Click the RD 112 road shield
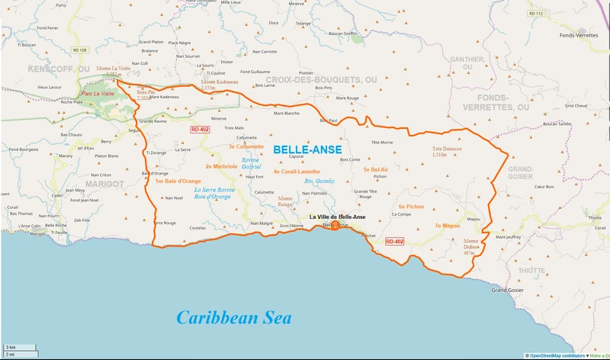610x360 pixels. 539,14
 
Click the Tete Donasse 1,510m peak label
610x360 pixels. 448,151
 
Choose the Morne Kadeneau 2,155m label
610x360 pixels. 218,85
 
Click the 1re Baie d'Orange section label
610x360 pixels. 178,181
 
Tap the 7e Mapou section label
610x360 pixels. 447,226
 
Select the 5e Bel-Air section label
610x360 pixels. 376,169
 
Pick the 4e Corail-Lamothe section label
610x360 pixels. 297,172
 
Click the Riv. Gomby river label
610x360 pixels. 319,182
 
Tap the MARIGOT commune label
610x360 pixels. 105,184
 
